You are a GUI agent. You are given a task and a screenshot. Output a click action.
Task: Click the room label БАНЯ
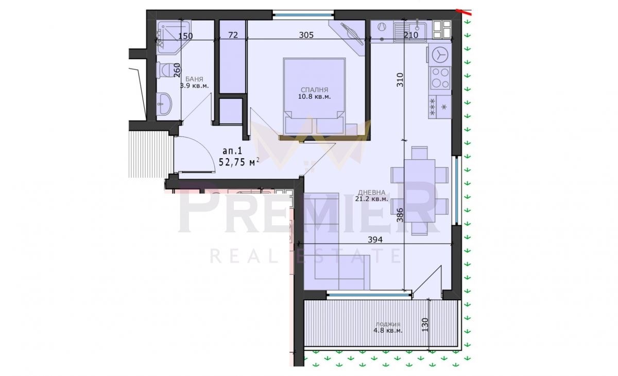click(x=194, y=79)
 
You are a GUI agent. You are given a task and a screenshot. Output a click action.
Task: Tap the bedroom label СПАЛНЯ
click(x=314, y=90)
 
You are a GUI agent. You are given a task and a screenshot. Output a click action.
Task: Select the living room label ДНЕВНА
click(x=372, y=192)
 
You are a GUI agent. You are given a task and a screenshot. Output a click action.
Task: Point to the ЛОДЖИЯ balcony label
click(x=388, y=324)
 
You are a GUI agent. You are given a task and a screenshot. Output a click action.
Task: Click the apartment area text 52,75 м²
click(x=239, y=162)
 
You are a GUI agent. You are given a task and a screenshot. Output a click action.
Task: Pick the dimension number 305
click(x=306, y=35)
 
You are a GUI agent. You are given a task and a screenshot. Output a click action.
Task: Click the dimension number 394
click(x=375, y=240)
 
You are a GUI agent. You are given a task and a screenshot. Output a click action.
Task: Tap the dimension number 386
click(x=400, y=215)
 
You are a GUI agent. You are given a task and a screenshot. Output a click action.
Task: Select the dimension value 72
click(x=233, y=35)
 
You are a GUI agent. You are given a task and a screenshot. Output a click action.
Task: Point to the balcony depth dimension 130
click(x=425, y=324)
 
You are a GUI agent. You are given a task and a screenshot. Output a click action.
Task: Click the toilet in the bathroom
click(x=164, y=70)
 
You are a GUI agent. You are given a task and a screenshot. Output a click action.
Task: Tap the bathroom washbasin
click(x=164, y=104)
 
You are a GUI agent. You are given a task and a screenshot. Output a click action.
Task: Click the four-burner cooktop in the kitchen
click(x=440, y=78)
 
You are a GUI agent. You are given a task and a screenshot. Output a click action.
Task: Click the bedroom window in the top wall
click(x=303, y=15)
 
